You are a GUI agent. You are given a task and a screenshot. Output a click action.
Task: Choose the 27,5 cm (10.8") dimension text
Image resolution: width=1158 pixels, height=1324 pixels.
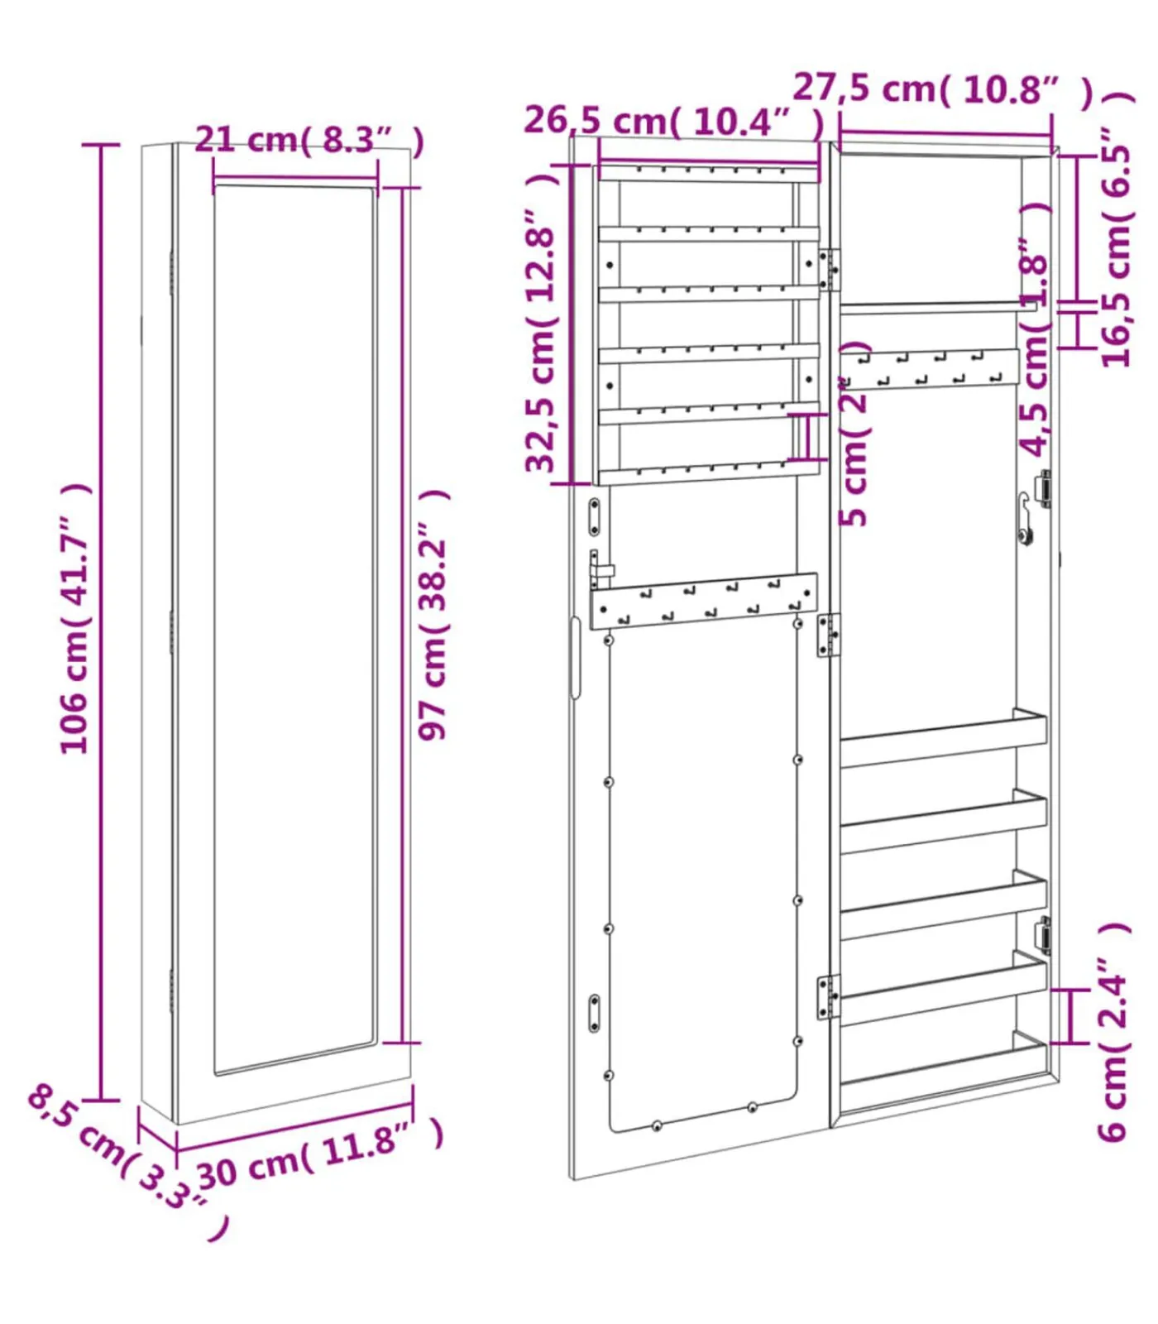click(943, 89)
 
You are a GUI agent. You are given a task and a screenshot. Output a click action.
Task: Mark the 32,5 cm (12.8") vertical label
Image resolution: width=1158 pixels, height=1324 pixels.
click(542, 323)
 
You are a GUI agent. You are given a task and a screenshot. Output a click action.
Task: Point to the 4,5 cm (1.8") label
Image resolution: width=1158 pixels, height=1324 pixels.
click(1035, 331)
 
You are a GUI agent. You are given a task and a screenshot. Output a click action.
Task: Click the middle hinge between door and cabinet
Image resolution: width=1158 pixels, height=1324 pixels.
click(828, 635)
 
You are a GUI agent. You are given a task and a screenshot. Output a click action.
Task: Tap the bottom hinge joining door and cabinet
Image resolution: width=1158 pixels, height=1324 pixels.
click(828, 996)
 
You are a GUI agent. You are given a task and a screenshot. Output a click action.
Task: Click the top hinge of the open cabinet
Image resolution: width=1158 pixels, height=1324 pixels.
click(828, 270)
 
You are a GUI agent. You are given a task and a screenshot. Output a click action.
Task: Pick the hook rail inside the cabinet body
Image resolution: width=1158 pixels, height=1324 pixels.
click(930, 369)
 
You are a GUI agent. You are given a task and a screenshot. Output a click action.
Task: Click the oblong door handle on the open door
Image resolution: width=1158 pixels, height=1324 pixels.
click(575, 658)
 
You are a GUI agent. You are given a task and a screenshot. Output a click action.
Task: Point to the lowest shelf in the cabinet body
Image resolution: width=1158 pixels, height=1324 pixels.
click(943, 1067)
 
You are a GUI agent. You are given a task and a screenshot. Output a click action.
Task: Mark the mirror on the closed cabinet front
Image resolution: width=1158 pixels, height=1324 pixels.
click(294, 629)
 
